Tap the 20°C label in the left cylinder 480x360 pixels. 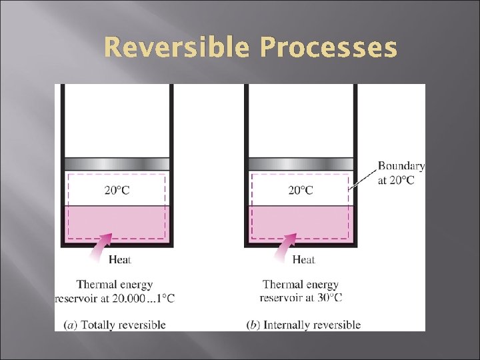pos(117,190)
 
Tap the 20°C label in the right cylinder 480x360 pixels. pos(300,190)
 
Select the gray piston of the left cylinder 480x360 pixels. pos(117,164)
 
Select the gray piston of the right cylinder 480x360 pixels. pos(300,164)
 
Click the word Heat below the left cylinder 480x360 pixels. pos(119,259)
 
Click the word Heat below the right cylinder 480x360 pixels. pos(304,259)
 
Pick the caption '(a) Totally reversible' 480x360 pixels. pos(115,325)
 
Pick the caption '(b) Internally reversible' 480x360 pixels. pos(303,325)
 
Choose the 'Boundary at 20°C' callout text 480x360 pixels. pos(401,173)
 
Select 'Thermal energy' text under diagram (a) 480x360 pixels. pos(115,285)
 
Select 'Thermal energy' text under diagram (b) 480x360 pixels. pos(300,285)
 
